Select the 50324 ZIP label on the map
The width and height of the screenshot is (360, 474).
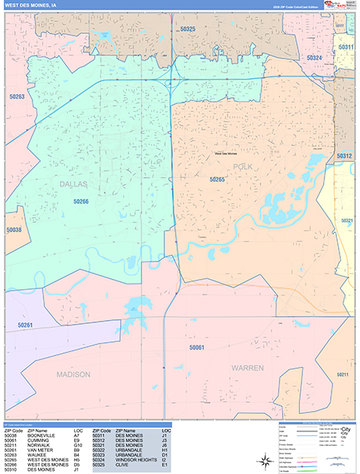click(x=313, y=58)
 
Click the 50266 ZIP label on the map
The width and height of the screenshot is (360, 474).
click(x=84, y=201)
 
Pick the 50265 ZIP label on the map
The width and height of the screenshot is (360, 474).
click(x=217, y=180)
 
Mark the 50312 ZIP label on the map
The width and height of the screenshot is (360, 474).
click(x=343, y=156)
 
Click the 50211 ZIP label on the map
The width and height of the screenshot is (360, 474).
click(x=342, y=373)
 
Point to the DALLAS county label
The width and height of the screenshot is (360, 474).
click(x=73, y=183)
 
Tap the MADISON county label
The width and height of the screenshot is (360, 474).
click(x=73, y=374)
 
